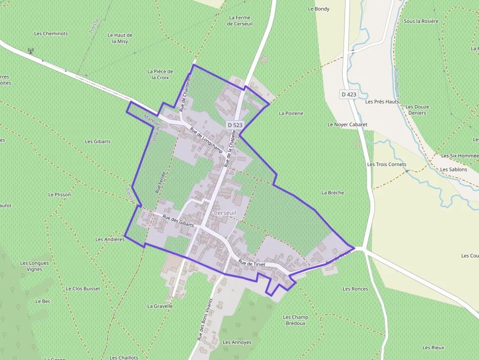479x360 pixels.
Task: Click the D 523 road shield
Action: click(x=235, y=125)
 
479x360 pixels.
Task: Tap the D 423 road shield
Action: click(x=349, y=94)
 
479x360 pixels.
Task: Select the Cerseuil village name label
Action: click(x=225, y=213)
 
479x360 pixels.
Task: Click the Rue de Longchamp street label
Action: click(x=206, y=141)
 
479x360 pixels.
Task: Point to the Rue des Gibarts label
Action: click(x=178, y=221)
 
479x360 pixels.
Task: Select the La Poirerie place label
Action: click(x=291, y=113)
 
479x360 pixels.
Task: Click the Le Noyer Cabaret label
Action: click(x=347, y=125)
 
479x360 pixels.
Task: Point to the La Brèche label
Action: click(x=332, y=192)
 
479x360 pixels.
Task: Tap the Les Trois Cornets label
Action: click(x=386, y=164)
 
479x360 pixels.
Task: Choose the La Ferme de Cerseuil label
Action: click(x=240, y=21)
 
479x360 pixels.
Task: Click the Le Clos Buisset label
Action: click(x=83, y=289)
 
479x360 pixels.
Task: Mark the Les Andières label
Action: click(x=110, y=240)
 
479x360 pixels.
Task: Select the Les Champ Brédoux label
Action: click(x=296, y=320)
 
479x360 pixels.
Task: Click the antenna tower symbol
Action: click(x=30, y=50)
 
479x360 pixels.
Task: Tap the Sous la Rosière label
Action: click(x=421, y=21)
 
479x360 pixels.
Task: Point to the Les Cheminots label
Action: click(x=51, y=34)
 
